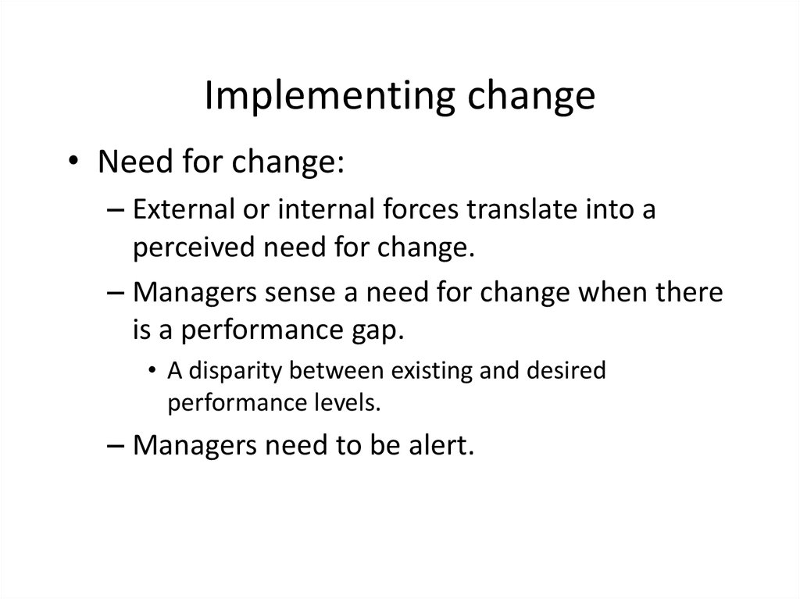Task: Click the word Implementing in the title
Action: (x=330, y=96)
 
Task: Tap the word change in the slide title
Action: (x=531, y=96)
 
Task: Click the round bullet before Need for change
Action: (x=73, y=161)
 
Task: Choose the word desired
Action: (x=566, y=370)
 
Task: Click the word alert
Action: (x=441, y=445)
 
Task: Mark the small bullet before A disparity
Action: (x=152, y=370)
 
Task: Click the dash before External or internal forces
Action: (x=116, y=210)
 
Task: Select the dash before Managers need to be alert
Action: (x=116, y=445)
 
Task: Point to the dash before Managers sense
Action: (x=116, y=293)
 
